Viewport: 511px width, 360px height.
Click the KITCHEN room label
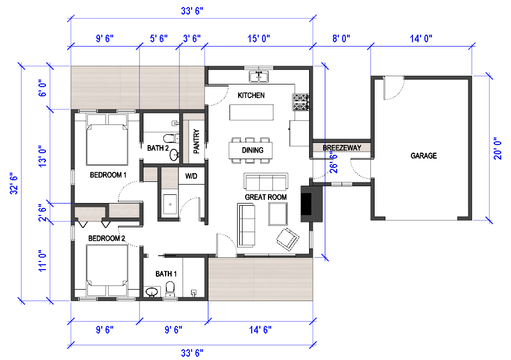[251, 95]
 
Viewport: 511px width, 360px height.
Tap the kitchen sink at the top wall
[259, 77]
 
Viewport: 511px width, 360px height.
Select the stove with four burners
[300, 102]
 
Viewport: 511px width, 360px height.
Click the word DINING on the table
[253, 150]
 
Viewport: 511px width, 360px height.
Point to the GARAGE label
[424, 156]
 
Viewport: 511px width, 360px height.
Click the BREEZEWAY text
[342, 148]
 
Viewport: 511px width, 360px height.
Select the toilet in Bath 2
[171, 139]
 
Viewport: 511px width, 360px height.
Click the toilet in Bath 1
[170, 289]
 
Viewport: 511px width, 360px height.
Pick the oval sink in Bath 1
[152, 292]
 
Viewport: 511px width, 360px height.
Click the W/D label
[191, 176]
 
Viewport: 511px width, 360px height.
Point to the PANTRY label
[196, 141]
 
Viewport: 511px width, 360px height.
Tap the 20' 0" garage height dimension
[497, 148]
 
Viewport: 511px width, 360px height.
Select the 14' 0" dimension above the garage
[421, 38]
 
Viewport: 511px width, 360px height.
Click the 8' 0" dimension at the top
[341, 38]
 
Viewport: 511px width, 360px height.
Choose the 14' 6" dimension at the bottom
[260, 330]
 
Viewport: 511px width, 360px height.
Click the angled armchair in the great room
[288, 239]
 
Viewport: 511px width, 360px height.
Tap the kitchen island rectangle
[252, 112]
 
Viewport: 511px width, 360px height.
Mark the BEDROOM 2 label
[107, 239]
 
